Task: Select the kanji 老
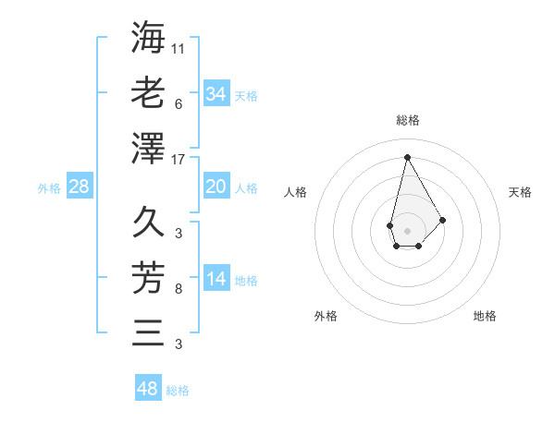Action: pyautogui.click(x=148, y=93)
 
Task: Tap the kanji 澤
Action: pyautogui.click(x=148, y=147)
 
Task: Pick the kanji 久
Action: pyautogui.click(x=148, y=222)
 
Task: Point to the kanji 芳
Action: pyautogui.click(x=148, y=277)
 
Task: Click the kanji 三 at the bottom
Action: pyautogui.click(x=148, y=332)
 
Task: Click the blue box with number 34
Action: pyautogui.click(x=216, y=93)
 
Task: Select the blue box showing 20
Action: pyautogui.click(x=216, y=187)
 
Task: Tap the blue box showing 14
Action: pyautogui.click(x=216, y=279)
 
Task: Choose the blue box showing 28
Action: pyautogui.click(x=79, y=187)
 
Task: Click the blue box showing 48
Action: pyautogui.click(x=148, y=388)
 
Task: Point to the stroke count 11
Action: pyautogui.click(x=179, y=48)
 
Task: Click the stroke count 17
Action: pyautogui.click(x=179, y=159)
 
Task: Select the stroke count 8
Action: pyautogui.click(x=178, y=289)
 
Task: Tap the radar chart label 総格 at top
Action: pyautogui.click(x=407, y=120)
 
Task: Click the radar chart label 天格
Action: pyautogui.click(x=521, y=192)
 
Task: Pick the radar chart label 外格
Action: pyautogui.click(x=326, y=316)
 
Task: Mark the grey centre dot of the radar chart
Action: pyautogui.click(x=407, y=229)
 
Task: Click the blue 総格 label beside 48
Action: pyautogui.click(x=178, y=391)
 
